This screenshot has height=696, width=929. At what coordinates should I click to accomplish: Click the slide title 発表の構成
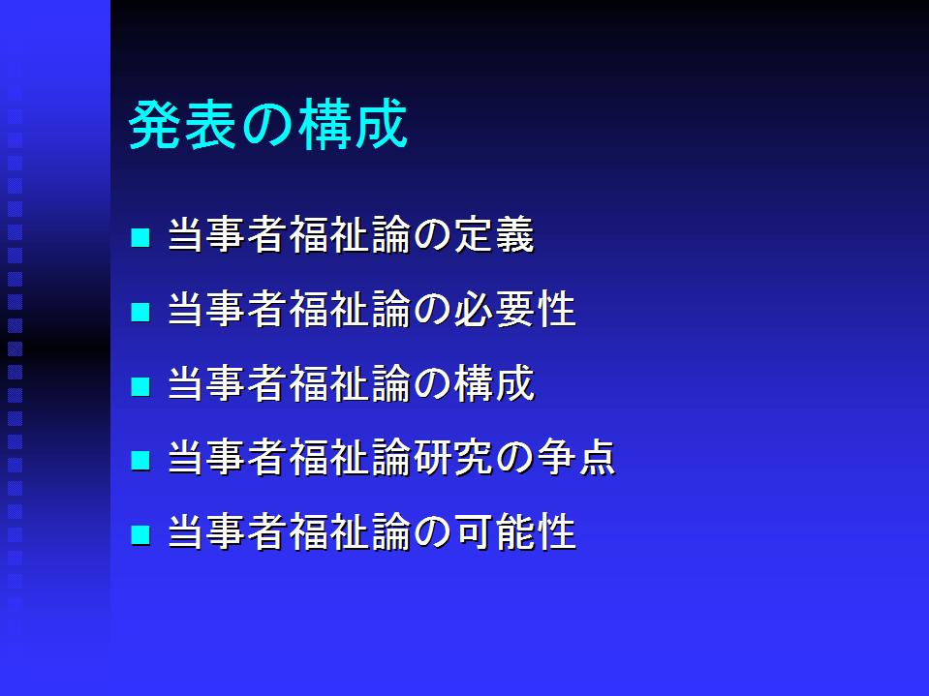point(267,125)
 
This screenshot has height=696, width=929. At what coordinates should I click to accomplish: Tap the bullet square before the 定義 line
point(140,237)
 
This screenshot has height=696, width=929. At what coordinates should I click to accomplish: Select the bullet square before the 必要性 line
point(140,312)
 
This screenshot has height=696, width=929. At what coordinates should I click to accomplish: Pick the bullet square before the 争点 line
point(140,460)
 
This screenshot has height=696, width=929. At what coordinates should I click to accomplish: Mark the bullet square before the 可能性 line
point(140,534)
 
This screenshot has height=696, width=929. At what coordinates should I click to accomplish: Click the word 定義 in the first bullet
point(494,235)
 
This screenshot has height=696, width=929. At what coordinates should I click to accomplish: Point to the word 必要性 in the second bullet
point(514,309)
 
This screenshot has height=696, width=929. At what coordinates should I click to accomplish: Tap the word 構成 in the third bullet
point(494,383)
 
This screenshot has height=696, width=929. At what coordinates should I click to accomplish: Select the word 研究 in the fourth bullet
point(453,458)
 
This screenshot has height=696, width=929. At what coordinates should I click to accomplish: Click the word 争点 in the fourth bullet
point(576,458)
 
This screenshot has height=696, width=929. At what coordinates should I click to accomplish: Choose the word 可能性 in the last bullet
point(514,531)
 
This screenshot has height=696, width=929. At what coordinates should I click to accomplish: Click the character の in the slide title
point(267,126)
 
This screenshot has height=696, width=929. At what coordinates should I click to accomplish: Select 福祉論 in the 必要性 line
point(350,309)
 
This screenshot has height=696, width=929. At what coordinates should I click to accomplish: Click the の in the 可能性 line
point(432,532)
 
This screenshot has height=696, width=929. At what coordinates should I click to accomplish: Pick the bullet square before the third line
point(140,386)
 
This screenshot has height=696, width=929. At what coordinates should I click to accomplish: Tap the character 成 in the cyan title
point(382,125)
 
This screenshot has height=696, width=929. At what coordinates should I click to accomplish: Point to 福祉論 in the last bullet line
point(350,531)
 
